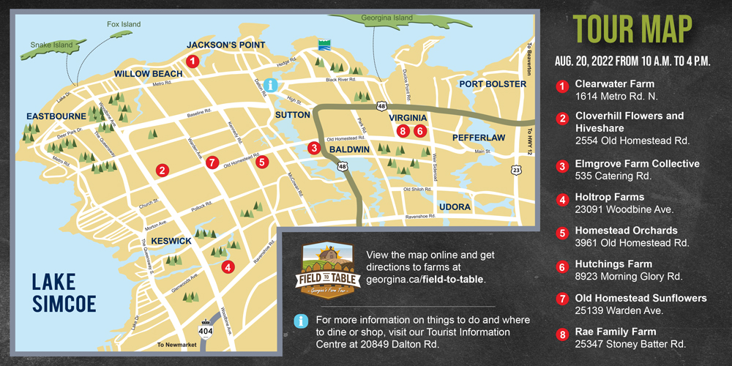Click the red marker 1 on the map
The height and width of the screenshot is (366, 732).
coord(192,61)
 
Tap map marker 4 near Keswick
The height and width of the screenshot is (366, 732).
coord(228,267)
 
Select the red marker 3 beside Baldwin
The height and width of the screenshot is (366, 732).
coord(314,148)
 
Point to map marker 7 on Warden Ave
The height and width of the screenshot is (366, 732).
coord(212,163)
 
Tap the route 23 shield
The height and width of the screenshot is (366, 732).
coord(516,170)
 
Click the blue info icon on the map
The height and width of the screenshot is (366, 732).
coord(272,86)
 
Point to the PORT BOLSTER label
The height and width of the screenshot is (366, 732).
coord(493,84)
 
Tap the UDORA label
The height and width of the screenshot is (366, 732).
coord(455,207)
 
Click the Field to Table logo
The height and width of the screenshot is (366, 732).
coord(326,269)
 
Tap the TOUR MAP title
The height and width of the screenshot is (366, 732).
coord(633,29)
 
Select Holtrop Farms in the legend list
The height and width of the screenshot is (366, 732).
coord(610,197)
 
